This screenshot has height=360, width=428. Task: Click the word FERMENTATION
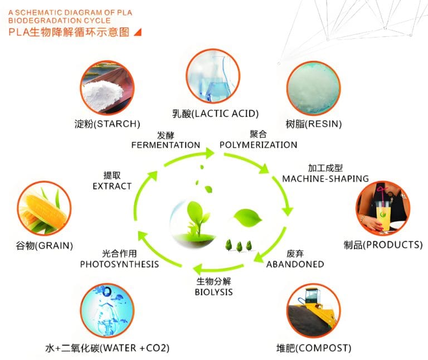[x=166, y=145]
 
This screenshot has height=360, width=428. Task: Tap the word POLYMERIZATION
[x=258, y=145]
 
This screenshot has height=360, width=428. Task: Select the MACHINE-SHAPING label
[x=325, y=179]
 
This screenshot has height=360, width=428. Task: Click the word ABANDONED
[x=295, y=264]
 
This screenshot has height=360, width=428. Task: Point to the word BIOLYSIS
[x=213, y=292]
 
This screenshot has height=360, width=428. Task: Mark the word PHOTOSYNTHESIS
[x=119, y=264]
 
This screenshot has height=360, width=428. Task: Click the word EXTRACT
[x=112, y=186]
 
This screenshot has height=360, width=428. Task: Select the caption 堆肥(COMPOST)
[x=314, y=348]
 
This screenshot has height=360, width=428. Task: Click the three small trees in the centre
[x=237, y=245]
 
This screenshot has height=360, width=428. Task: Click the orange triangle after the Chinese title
[x=138, y=32]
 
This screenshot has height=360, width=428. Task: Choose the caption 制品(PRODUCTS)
[x=383, y=245]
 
